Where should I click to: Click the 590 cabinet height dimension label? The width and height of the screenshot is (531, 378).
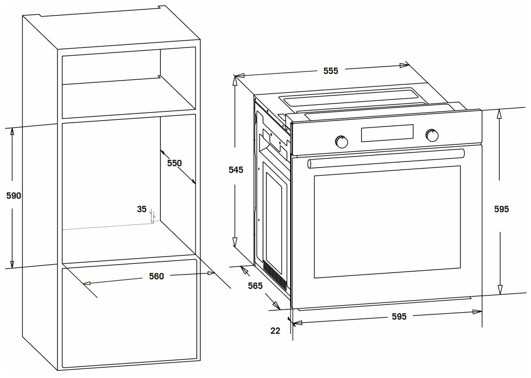click(13, 196)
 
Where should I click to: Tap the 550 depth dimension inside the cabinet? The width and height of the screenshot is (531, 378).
click(175, 163)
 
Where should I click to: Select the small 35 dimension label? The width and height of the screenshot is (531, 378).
click(142, 209)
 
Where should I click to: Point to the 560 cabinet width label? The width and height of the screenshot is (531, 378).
click(156, 276)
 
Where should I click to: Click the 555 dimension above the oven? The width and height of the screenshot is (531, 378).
click(331, 71)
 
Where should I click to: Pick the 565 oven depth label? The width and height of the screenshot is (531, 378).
click(255, 286)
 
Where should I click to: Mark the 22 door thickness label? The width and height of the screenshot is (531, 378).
click(275, 331)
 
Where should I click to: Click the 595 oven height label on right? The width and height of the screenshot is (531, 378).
click(501, 209)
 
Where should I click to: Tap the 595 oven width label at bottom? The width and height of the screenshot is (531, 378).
click(399, 316)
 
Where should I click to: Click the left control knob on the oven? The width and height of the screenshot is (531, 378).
click(341, 141)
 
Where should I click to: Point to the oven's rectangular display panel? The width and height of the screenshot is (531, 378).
click(387, 133)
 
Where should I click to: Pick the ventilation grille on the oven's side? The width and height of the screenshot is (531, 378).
click(276, 275)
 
